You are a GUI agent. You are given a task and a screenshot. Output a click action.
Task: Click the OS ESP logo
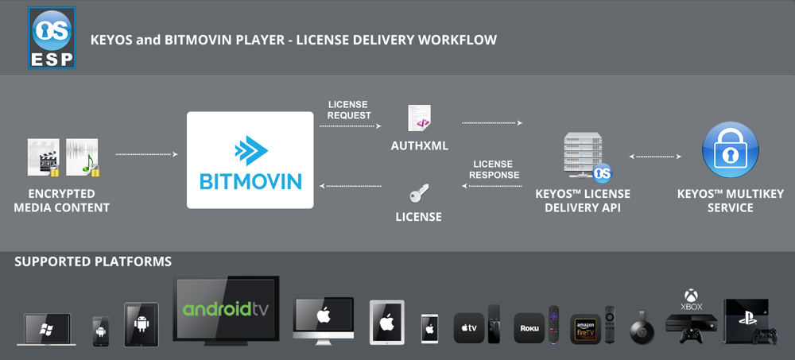[x=52, y=38]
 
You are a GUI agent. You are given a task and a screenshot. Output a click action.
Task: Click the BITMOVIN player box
[x=250, y=160]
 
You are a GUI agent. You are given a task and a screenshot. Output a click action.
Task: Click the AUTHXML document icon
[x=419, y=118]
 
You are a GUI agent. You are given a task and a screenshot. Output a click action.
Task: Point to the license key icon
[x=419, y=194]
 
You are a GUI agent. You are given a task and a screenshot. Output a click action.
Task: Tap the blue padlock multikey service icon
[x=730, y=150]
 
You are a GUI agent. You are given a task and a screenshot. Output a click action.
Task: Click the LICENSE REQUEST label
[x=349, y=110]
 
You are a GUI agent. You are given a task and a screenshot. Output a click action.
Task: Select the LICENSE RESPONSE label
[x=494, y=169]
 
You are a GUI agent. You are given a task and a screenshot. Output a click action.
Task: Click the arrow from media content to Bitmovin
[x=146, y=154]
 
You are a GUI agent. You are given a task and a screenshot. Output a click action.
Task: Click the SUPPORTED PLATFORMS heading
[x=93, y=261]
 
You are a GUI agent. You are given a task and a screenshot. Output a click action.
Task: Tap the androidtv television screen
[x=227, y=308]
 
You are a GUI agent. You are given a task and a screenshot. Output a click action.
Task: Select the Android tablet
[x=141, y=324]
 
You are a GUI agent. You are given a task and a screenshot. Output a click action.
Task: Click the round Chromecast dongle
[x=642, y=329]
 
